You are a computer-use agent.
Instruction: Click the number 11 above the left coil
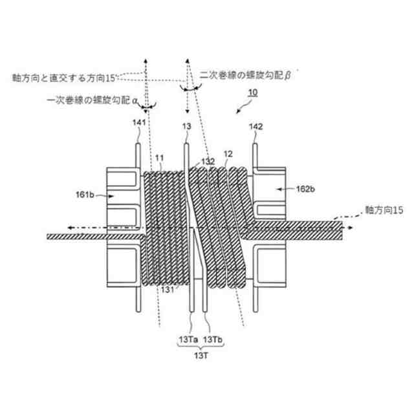pos(160,157)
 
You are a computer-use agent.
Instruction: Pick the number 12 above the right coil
pos(227,155)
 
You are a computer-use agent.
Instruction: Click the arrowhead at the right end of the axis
pos(350,228)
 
